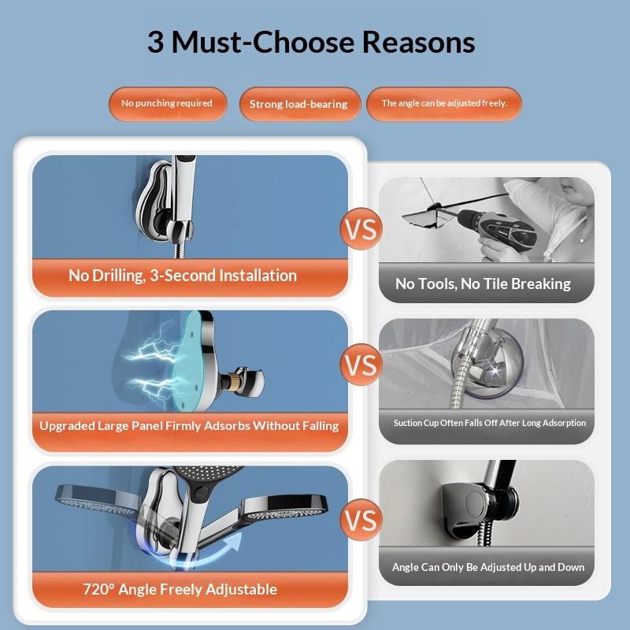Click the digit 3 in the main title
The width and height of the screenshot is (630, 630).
(155, 43)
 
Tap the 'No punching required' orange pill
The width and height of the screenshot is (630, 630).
(168, 104)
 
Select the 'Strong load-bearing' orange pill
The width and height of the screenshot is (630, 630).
(299, 104)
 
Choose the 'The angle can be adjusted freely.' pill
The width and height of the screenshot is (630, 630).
(444, 104)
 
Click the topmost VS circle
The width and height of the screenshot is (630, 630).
(361, 228)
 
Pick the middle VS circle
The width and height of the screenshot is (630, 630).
(361, 365)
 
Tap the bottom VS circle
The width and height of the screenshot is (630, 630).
(361, 520)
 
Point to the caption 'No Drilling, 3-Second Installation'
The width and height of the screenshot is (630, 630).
(183, 276)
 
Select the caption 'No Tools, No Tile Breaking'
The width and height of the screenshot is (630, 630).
(483, 284)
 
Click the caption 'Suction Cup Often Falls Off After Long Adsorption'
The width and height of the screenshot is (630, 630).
(489, 423)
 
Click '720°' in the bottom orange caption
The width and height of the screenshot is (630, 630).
(98, 589)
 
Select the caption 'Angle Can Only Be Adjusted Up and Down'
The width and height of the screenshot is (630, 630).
(488, 567)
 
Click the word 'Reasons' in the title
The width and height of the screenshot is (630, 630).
(419, 43)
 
